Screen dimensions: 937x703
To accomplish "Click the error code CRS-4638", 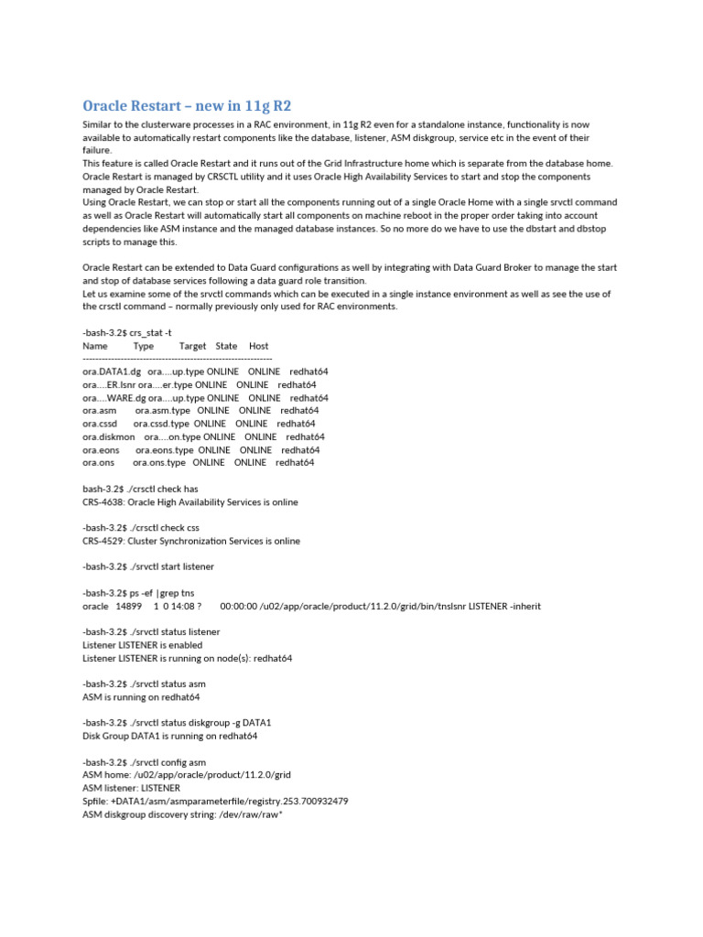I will [103, 502].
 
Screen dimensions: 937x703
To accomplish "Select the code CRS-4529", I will [103, 541].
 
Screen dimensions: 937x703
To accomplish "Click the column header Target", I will [192, 346].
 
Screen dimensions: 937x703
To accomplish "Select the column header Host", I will [258, 346].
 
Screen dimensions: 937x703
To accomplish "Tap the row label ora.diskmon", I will [108, 437].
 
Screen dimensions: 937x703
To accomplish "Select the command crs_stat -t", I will [146, 333].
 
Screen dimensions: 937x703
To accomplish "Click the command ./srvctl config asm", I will [168, 761].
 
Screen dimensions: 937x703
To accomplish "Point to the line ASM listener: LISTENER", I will [131, 788].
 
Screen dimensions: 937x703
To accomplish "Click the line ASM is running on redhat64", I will [141, 696].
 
